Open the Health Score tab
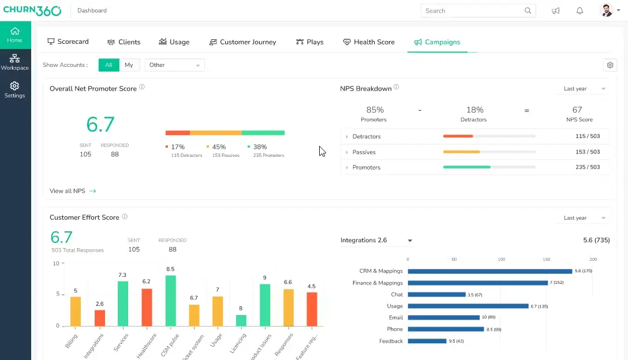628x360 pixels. tap(369, 42)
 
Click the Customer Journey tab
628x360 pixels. tap(242, 42)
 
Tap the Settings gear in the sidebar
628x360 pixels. tap(15, 90)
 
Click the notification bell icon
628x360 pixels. tap(580, 11)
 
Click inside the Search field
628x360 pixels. tap(473, 11)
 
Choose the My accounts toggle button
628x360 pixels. tap(129, 65)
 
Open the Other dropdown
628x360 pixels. tap(174, 65)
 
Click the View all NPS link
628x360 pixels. tap(73, 191)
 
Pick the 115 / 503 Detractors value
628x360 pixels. tap(588, 137)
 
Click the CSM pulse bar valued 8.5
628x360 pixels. tap(170, 301)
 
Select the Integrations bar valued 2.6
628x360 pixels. tap(100, 318)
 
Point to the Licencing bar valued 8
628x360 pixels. tap(241, 320)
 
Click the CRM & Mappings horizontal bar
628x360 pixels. tap(489, 271)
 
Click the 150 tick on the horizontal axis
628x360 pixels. tap(547, 260)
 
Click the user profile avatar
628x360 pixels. tap(606, 11)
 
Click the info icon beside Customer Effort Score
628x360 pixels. tap(125, 217)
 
